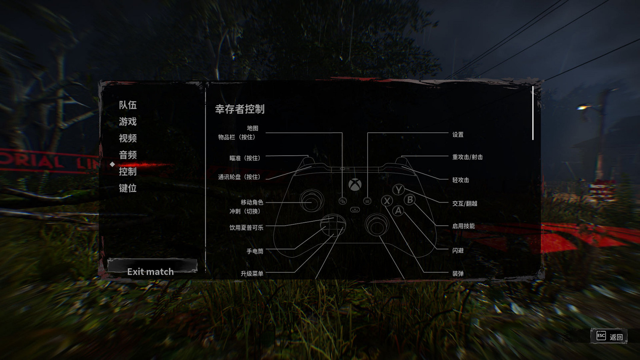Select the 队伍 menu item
128,105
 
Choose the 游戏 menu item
128,122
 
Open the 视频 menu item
128,138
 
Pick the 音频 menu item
128,155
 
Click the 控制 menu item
128,171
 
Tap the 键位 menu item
128,188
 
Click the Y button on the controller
398,190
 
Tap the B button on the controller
410,200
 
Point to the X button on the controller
387,201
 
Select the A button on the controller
398,211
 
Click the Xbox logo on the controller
355,185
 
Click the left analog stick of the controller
312,201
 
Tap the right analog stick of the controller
377,224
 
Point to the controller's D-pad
333,225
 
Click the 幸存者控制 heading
240,109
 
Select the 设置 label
458,135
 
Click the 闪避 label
458,251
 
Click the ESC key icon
601,336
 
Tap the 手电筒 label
255,252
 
